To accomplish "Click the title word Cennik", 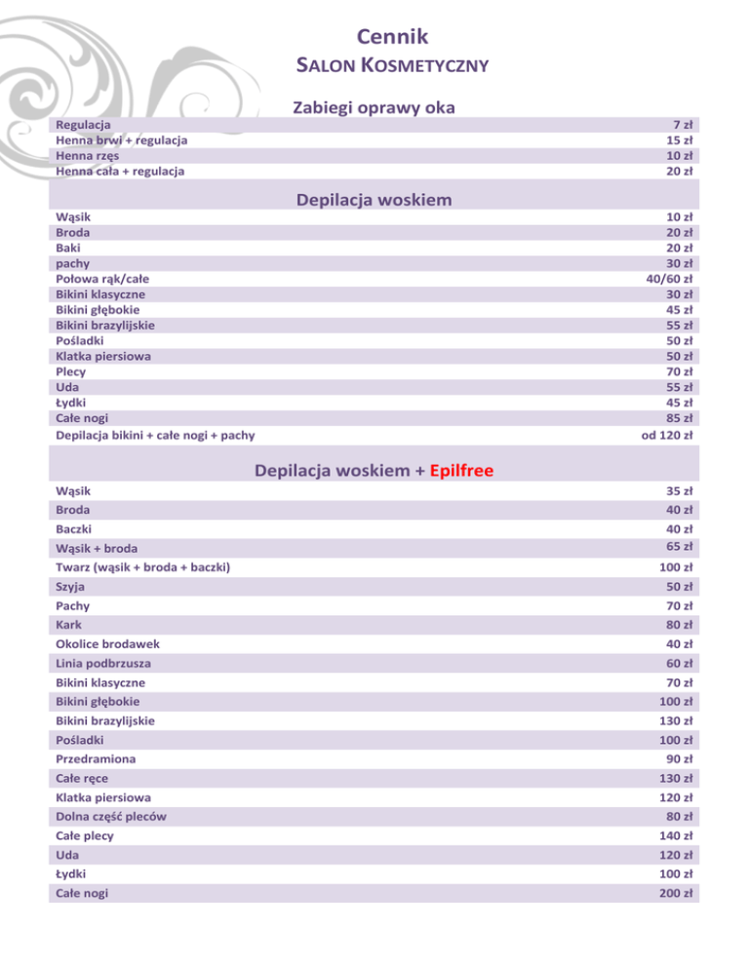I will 388,37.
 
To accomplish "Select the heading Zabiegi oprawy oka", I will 374,106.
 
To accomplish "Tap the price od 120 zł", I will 667,434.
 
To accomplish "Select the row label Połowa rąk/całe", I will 102,278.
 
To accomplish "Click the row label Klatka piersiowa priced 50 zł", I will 103,356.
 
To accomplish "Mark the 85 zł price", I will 679,418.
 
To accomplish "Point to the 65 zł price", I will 679,546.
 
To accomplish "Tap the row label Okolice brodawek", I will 108,643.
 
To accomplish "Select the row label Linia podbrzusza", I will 103,663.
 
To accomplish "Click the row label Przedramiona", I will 96,758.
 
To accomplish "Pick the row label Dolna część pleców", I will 110,816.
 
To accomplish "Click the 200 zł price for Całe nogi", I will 675,893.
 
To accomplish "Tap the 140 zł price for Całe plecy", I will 675,835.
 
